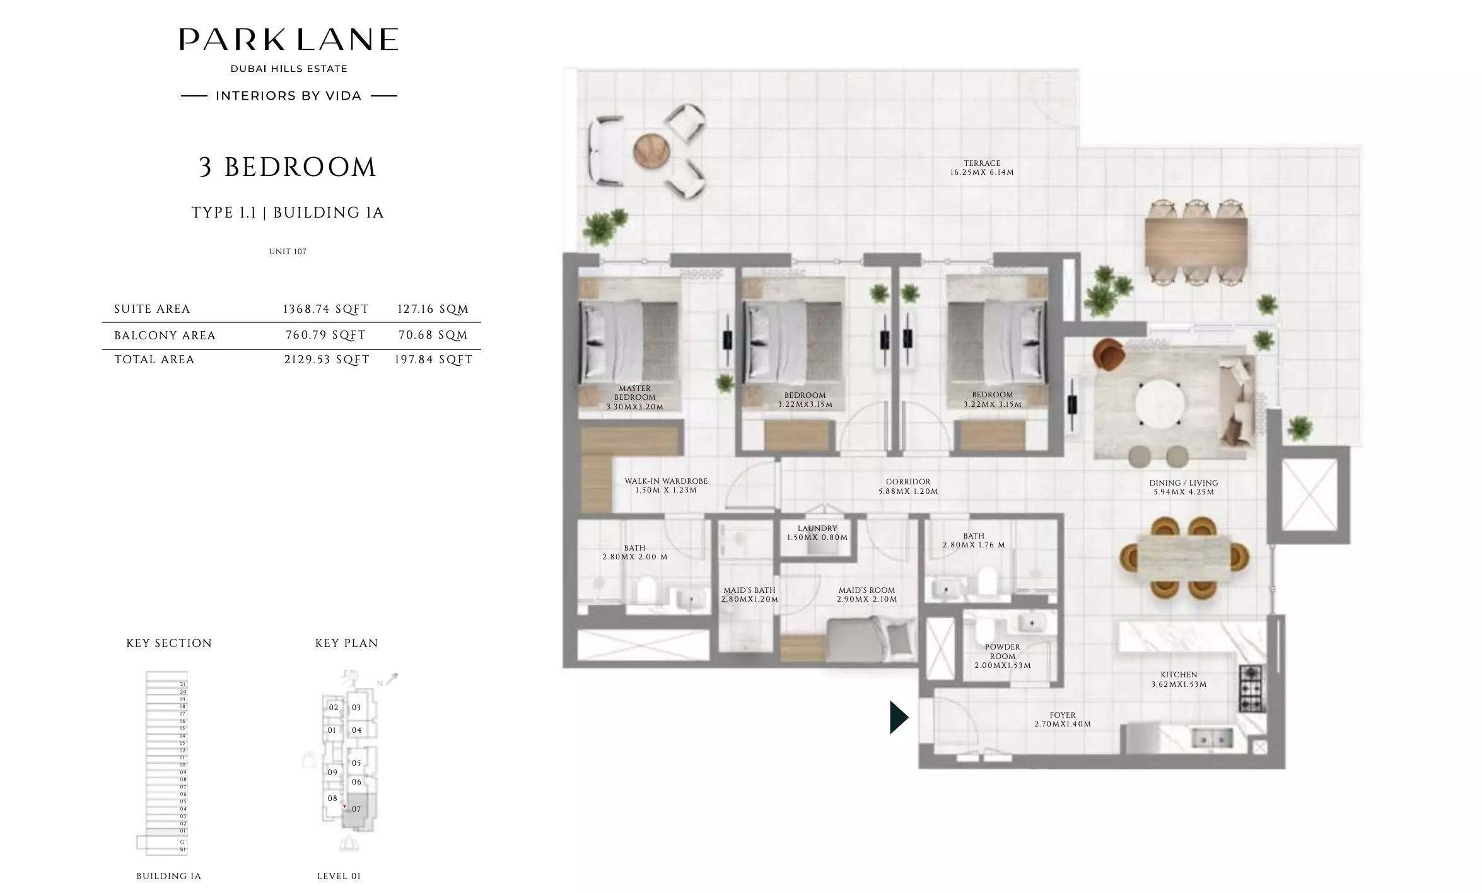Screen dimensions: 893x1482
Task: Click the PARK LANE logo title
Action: pos(289,39)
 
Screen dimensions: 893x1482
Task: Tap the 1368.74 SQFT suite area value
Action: pos(325,309)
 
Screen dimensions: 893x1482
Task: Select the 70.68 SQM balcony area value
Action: pos(433,335)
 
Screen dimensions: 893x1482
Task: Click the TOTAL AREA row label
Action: pos(155,359)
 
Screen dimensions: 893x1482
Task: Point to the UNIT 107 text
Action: pos(288,252)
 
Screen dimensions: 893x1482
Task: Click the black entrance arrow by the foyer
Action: pos(898,718)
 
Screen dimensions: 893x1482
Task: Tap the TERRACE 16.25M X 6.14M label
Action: pos(982,168)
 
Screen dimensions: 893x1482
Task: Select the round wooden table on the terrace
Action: pos(651,151)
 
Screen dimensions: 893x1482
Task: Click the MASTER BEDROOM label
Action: pos(634,397)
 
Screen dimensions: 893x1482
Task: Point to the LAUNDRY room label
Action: pos(817,533)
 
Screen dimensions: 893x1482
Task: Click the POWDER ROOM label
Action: pos(1002,656)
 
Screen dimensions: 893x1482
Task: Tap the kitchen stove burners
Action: pos(1251,689)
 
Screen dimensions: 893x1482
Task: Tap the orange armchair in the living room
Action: pos(1109,353)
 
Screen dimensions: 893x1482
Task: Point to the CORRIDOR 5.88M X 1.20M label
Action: pos(908,486)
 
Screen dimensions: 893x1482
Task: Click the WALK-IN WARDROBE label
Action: pos(666,485)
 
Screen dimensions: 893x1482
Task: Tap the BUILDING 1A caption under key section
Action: pos(169,876)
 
